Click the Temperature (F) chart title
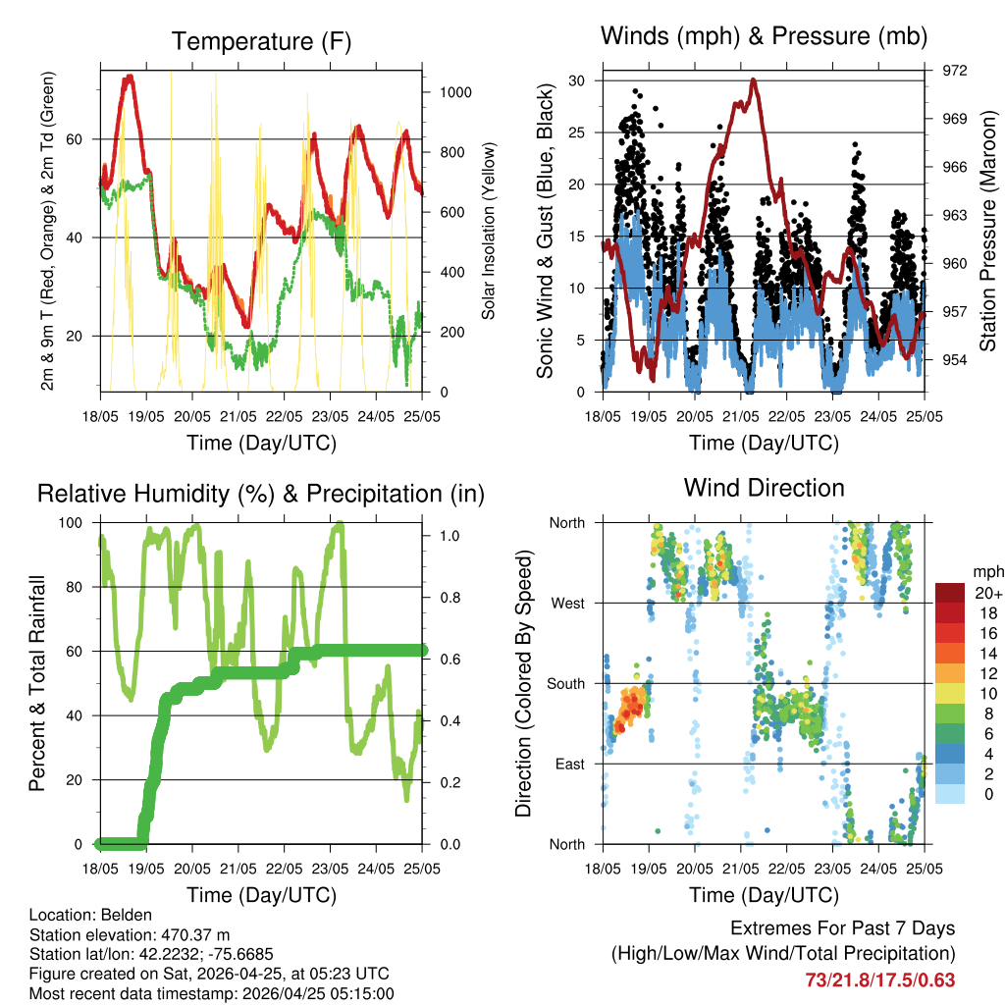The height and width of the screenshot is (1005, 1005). click(x=261, y=41)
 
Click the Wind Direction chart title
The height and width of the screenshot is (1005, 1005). click(x=764, y=488)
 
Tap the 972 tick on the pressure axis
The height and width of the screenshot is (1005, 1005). click(x=955, y=71)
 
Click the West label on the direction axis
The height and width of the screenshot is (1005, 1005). click(x=566, y=604)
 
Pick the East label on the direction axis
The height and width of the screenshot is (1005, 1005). click(x=568, y=764)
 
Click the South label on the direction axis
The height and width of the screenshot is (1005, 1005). click(x=565, y=684)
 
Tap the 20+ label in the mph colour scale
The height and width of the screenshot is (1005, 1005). click(x=988, y=594)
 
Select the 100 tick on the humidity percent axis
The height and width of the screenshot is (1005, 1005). click(x=71, y=523)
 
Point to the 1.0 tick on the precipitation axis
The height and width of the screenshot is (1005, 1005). click(x=450, y=536)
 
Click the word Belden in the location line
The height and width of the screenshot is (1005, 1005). click(x=126, y=915)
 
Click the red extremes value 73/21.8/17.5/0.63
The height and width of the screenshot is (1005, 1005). click(x=879, y=979)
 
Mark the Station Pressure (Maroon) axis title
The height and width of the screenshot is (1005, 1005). click(x=987, y=231)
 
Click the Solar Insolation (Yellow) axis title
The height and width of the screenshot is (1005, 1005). click(x=489, y=231)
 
